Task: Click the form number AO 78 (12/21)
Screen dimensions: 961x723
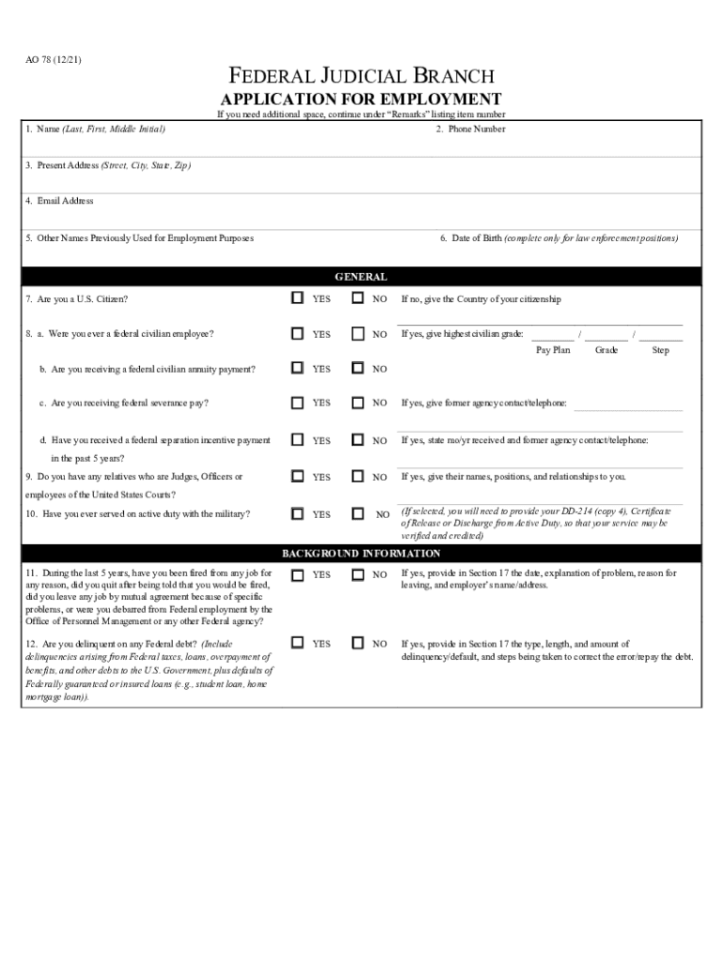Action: click(x=54, y=62)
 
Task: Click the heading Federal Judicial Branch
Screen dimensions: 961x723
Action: click(x=361, y=77)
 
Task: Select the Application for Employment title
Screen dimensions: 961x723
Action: click(x=361, y=99)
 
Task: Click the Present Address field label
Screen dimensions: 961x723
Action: click(x=108, y=165)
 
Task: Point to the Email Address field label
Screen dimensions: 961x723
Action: click(x=59, y=201)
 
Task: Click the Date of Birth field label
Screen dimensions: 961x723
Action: click(x=558, y=238)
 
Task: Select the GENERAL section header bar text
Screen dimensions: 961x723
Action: click(x=361, y=277)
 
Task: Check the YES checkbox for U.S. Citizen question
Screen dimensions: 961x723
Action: click(x=298, y=298)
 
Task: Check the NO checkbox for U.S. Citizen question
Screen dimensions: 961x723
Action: click(x=358, y=298)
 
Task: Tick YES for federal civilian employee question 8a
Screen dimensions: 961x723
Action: click(x=298, y=333)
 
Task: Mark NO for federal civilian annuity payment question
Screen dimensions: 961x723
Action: click(x=358, y=368)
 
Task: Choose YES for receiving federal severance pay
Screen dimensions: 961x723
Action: click(x=298, y=403)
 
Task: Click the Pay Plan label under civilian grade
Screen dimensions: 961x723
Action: click(x=553, y=350)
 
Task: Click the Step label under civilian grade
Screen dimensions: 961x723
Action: click(x=660, y=350)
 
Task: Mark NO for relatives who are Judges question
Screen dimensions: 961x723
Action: click(x=358, y=477)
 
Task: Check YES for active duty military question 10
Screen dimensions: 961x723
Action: click(x=298, y=513)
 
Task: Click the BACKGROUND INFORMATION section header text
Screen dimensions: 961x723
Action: click(x=361, y=554)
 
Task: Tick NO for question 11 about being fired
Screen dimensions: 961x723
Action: click(x=358, y=573)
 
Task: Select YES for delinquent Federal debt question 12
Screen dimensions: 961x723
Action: click(x=298, y=643)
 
